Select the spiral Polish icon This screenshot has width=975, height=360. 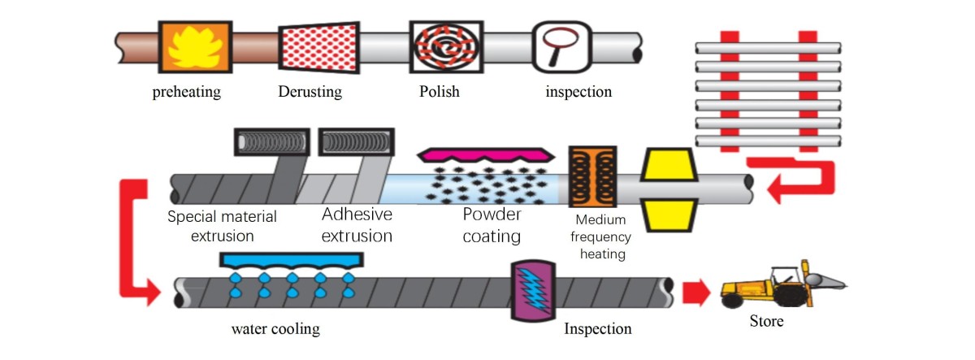tap(439, 47)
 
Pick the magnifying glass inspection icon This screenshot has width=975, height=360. tap(559, 47)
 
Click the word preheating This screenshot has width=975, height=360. tap(187, 92)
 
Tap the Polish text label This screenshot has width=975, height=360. tap(439, 92)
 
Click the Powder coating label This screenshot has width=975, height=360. tap(492, 226)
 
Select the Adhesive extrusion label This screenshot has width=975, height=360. tap(357, 226)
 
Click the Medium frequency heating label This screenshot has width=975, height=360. tap(600, 237)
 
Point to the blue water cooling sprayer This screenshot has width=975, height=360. tap(292, 260)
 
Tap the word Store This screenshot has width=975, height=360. tap(766, 322)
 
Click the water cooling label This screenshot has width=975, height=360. tap(275, 329)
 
